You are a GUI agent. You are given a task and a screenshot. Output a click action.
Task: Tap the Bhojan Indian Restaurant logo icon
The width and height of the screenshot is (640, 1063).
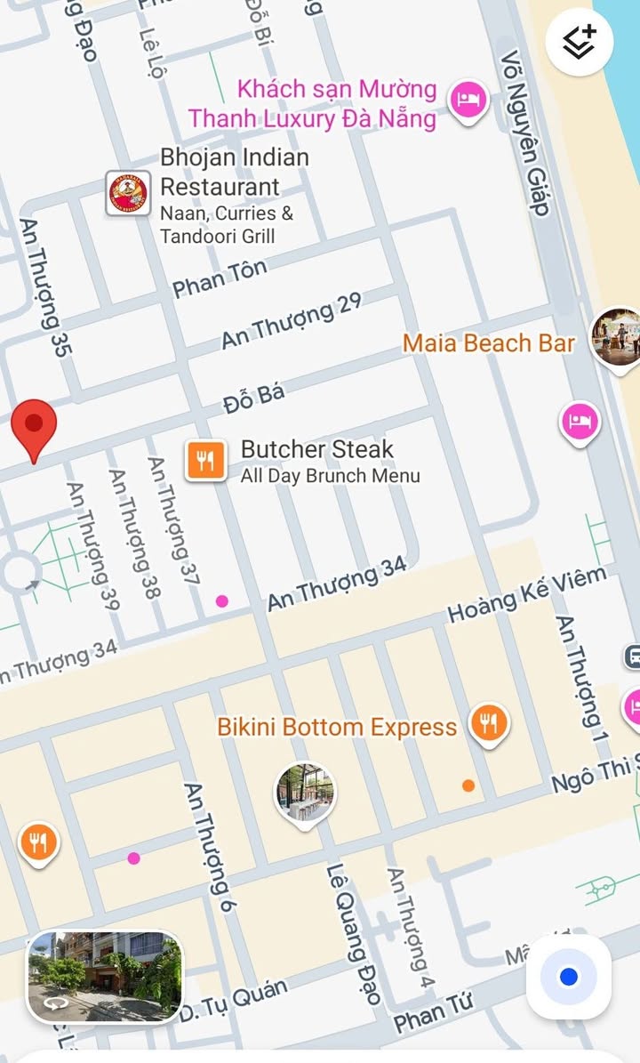[128, 193]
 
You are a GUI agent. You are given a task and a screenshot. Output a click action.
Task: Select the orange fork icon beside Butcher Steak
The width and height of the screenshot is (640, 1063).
[205, 461]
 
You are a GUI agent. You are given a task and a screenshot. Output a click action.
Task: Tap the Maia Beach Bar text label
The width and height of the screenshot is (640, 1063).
[488, 343]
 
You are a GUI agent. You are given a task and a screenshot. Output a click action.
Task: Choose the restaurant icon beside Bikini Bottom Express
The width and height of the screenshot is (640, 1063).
[488, 723]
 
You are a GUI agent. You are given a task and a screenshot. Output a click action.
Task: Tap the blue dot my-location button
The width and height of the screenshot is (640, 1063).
[569, 977]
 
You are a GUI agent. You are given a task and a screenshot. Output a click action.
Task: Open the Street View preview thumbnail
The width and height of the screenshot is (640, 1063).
[105, 976]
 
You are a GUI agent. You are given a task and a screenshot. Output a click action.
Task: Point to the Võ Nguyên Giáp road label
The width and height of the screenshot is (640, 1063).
[524, 133]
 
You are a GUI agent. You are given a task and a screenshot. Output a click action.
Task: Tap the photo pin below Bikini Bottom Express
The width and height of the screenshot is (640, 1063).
[305, 791]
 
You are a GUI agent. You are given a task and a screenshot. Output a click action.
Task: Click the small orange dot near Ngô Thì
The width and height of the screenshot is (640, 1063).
[468, 785]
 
